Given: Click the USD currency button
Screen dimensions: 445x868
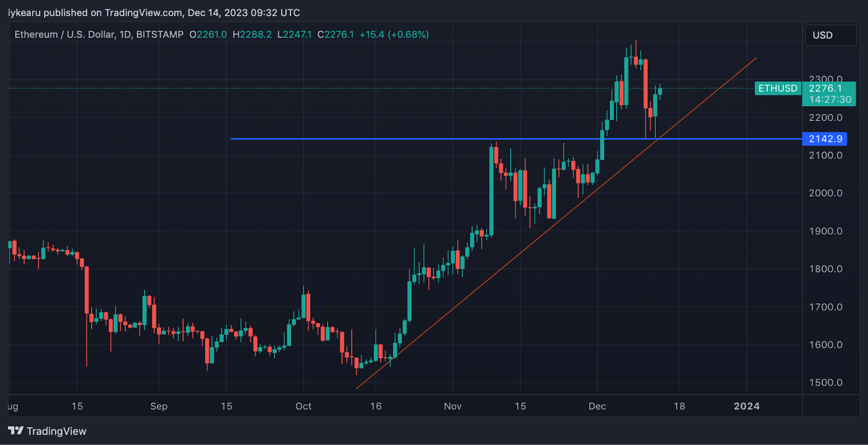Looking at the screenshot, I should [830, 35].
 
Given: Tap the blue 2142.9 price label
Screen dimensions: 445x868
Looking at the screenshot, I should [825, 139].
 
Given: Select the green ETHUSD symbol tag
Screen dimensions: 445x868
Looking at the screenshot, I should [777, 88].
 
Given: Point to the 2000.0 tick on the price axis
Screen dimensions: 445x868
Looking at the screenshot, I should [825, 193].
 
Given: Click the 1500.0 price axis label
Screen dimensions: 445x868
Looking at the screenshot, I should [825, 383].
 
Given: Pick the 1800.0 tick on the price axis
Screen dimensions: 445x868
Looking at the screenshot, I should [825, 269].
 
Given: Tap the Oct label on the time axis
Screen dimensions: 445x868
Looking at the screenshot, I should [303, 406].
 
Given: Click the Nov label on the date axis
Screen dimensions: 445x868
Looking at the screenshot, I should [452, 406].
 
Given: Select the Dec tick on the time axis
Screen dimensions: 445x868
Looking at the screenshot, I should [597, 406].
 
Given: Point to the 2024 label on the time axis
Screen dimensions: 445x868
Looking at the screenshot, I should [746, 406].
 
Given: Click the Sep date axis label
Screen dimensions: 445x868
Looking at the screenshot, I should [158, 406].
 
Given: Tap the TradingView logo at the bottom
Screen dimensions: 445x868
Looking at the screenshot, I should [47, 431].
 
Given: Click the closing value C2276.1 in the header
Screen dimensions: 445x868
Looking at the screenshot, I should [335, 35].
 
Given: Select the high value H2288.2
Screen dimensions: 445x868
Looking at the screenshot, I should [252, 35].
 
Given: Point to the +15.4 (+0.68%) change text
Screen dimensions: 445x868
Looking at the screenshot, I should [394, 35].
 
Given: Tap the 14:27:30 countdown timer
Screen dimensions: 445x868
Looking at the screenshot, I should [830, 100].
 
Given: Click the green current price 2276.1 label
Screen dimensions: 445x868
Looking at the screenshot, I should [825, 88].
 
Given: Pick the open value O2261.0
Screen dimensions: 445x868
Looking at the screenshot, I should [208, 35].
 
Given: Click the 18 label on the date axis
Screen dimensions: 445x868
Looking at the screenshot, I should [679, 406].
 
